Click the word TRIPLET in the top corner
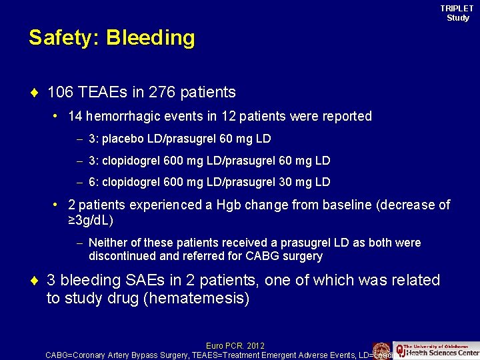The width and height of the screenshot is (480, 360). (457, 8)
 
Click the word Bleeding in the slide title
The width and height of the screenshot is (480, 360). (150, 38)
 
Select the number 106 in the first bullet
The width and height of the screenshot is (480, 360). (60, 91)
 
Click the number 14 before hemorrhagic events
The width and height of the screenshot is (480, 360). (75, 116)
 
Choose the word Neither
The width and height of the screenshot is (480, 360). (108, 243)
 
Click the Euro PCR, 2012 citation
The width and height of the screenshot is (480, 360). (235, 345)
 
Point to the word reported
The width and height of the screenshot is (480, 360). (345, 116)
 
